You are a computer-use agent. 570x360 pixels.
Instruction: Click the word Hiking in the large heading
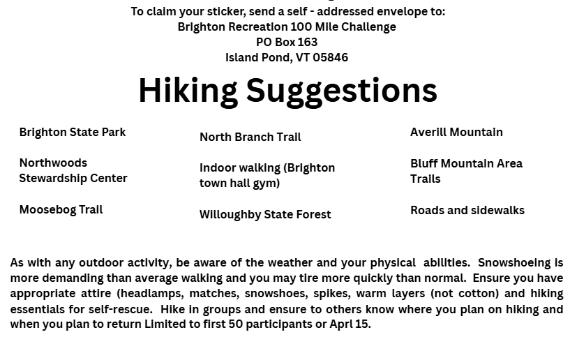pyautogui.click(x=188, y=91)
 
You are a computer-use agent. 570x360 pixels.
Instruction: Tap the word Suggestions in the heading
pyautogui.click(x=342, y=91)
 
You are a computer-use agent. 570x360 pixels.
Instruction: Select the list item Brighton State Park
pyautogui.click(x=73, y=133)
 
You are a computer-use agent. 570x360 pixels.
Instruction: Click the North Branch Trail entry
pyautogui.click(x=250, y=137)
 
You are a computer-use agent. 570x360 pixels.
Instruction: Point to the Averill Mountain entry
pyautogui.click(x=456, y=133)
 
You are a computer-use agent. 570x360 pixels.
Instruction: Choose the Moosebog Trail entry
pyautogui.click(x=61, y=210)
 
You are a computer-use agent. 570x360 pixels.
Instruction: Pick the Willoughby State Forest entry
pyautogui.click(x=265, y=215)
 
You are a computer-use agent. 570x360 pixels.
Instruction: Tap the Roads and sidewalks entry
pyautogui.click(x=467, y=210)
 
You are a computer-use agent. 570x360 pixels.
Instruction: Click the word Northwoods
pyautogui.click(x=53, y=163)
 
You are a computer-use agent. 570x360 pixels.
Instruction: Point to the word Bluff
pyautogui.click(x=424, y=164)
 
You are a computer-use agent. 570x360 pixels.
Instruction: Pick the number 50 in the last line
pyautogui.click(x=236, y=324)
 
